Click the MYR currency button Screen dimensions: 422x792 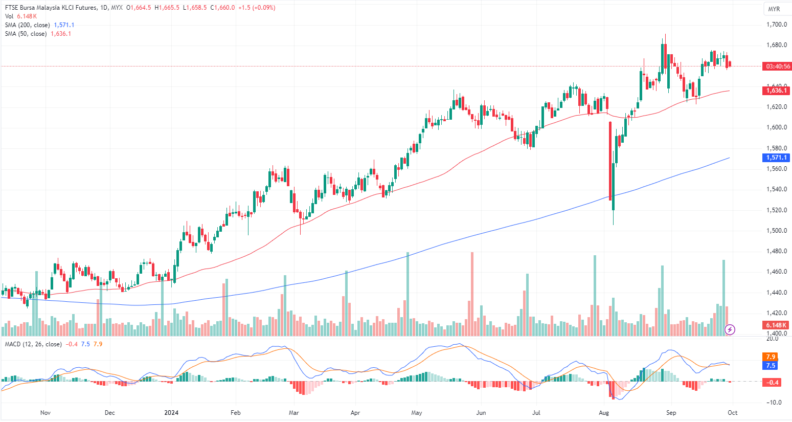(x=774, y=9)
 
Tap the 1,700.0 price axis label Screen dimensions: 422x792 (x=776, y=25)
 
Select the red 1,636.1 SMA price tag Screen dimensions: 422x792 (x=777, y=91)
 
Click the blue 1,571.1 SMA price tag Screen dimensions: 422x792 (x=777, y=158)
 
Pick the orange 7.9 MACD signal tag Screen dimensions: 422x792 (x=771, y=357)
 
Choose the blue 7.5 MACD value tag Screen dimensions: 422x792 (x=771, y=366)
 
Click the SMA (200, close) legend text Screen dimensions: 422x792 (x=28, y=25)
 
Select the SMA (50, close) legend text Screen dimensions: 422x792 (x=26, y=34)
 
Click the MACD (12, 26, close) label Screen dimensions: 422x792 (x=33, y=344)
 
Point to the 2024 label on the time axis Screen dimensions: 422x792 (x=171, y=413)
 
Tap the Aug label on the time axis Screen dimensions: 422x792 (x=604, y=413)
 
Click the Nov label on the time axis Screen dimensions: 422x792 (x=46, y=413)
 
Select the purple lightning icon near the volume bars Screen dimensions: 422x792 (x=730, y=329)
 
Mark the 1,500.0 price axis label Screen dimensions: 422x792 (x=776, y=231)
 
